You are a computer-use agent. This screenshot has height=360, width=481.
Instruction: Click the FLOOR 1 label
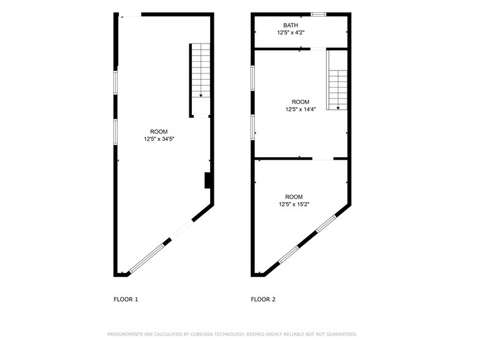(126, 299)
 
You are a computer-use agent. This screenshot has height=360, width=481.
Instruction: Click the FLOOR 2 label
(263, 299)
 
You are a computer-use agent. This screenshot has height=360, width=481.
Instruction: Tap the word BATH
(290, 25)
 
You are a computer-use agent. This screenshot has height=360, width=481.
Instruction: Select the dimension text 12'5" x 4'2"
(290, 32)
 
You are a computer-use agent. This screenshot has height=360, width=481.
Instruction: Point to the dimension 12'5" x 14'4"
(300, 110)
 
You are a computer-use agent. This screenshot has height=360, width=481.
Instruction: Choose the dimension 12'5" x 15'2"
(294, 204)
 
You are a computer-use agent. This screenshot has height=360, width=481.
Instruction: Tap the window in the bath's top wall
(318, 14)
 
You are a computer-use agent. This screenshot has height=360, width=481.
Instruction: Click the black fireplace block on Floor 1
(208, 181)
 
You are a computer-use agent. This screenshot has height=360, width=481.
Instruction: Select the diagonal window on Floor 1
(146, 258)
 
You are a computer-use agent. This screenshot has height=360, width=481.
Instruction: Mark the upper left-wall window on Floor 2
(252, 78)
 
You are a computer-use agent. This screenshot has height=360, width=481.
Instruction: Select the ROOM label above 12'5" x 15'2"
(294, 197)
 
